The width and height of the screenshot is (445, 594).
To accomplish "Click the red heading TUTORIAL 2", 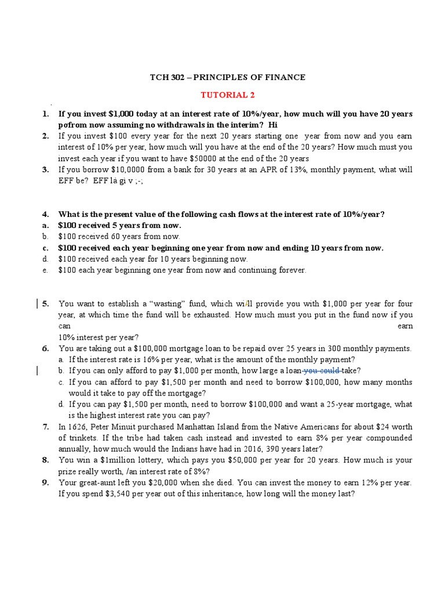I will [x=227, y=95].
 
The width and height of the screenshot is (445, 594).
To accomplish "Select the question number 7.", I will [x=45, y=427].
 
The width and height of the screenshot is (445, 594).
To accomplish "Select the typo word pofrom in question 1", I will [x=71, y=125].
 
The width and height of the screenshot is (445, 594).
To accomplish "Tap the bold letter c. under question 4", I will [x=45, y=248].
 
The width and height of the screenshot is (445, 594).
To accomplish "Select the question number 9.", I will [x=45, y=483].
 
